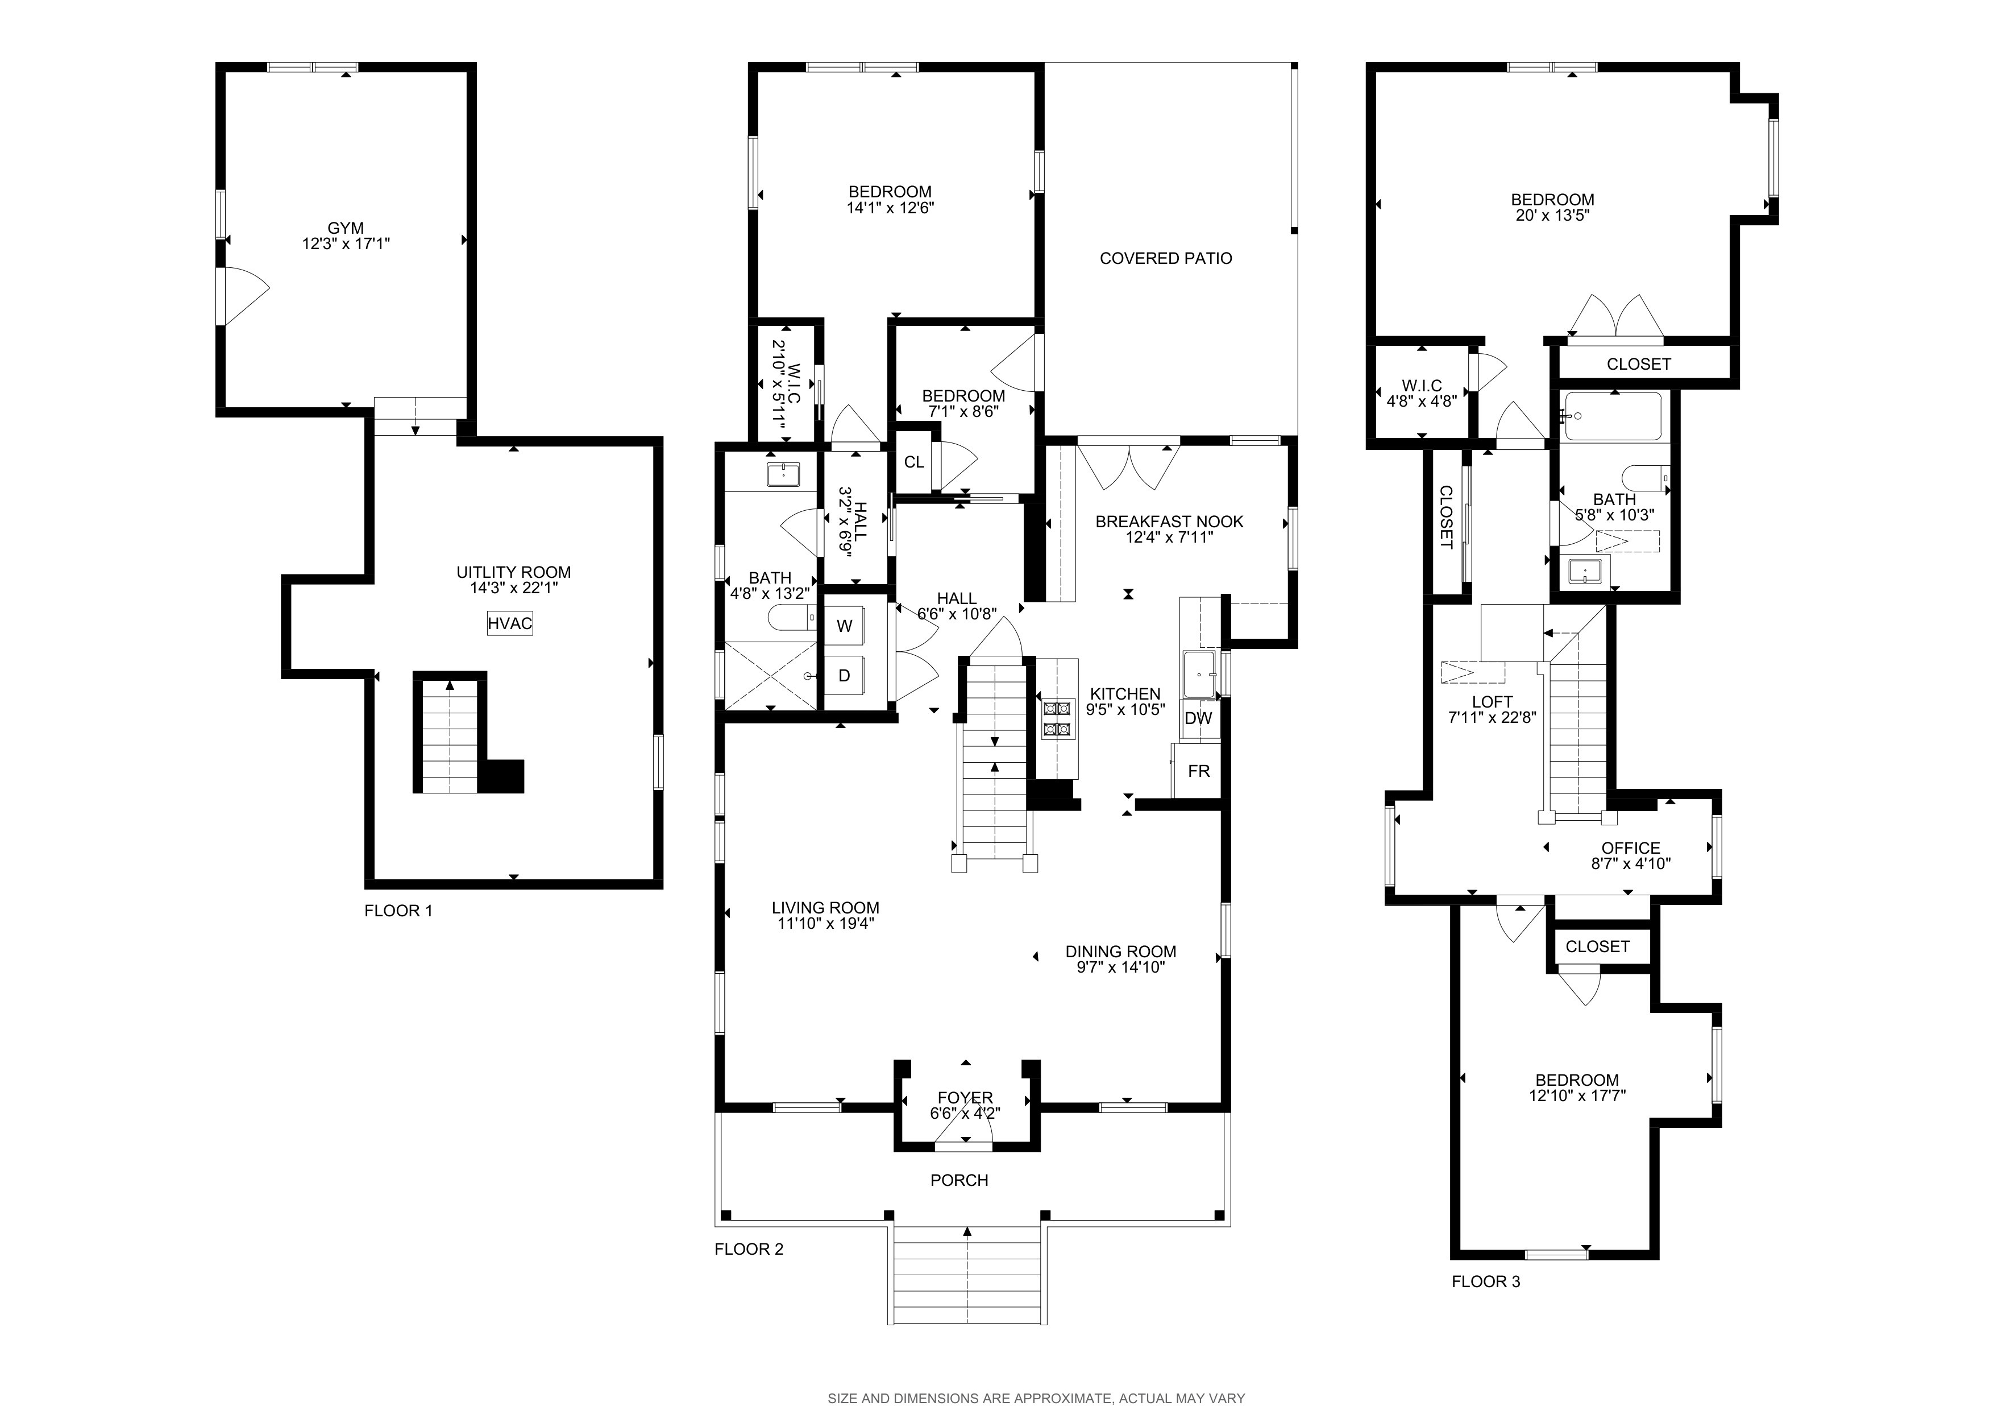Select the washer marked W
(x=844, y=626)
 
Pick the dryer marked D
(x=844, y=675)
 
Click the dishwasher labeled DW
(x=1198, y=718)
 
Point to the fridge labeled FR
(x=1198, y=771)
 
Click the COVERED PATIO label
(x=1165, y=258)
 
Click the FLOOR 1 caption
(x=398, y=911)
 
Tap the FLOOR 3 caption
(x=1486, y=1281)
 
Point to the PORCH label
(x=959, y=1180)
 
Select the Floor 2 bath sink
(x=783, y=474)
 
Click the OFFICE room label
(x=1631, y=848)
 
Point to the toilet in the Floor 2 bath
(x=791, y=618)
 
